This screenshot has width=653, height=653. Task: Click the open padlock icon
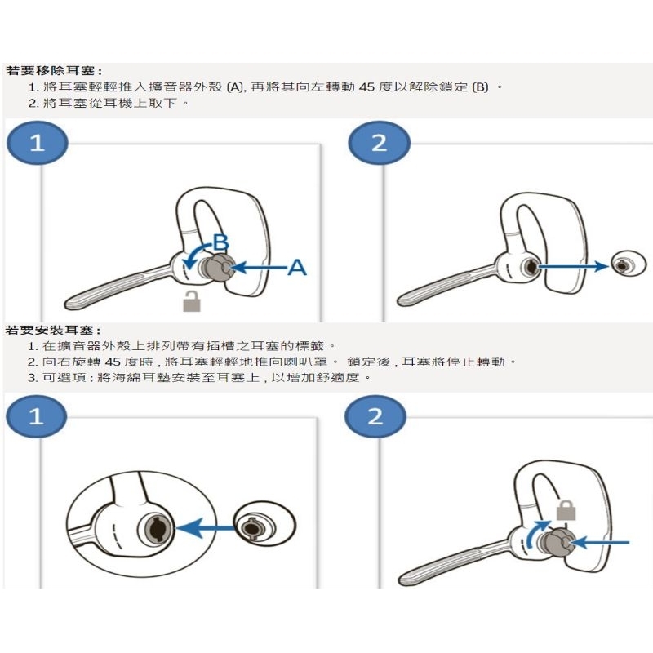[192, 300]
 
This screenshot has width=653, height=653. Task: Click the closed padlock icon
[566, 509]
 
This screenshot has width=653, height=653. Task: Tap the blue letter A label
[297, 267]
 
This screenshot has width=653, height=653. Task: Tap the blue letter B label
[220, 242]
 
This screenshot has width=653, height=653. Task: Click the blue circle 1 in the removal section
[37, 143]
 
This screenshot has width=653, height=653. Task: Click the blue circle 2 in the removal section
[379, 143]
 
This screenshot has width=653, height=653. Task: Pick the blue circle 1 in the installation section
[36, 416]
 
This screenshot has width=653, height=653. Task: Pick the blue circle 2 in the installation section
[375, 416]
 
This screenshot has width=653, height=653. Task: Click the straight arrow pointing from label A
[259, 267]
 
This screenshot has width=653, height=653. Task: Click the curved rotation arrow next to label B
[197, 255]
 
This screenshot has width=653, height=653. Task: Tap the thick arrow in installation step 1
[206, 528]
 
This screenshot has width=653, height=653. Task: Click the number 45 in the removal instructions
[366, 87]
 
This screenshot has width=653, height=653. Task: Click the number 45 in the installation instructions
[113, 362]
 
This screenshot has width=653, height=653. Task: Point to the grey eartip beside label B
[215, 268]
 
